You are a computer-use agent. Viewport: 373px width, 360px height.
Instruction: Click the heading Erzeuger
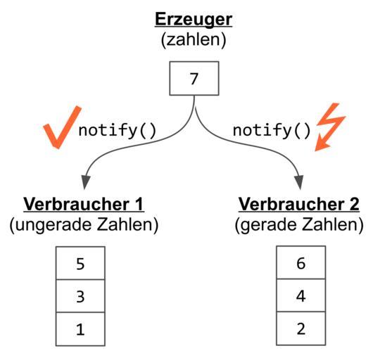coord(194,20)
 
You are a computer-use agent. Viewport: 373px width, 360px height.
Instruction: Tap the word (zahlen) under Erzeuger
coord(194,40)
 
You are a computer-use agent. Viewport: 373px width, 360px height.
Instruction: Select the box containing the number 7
coord(194,79)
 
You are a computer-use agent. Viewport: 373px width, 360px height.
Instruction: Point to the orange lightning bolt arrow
coord(329,128)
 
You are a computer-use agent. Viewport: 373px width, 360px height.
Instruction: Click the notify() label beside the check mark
coord(118,130)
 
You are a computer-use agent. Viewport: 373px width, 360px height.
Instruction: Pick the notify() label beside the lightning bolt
coord(272,130)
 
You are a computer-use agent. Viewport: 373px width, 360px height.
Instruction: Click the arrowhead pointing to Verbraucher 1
coord(85,182)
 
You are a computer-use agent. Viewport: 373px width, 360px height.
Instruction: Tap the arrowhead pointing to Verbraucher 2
coord(299,182)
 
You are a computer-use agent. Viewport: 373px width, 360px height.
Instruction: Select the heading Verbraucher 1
coord(84,205)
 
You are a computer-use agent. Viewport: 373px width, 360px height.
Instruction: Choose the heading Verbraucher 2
coord(299,205)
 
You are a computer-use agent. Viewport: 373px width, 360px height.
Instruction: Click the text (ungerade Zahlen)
coord(84,225)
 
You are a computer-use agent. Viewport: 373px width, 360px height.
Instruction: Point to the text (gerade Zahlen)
coord(299,225)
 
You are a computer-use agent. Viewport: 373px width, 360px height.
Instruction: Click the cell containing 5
coord(80,263)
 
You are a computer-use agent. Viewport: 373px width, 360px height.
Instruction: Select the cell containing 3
coord(80,296)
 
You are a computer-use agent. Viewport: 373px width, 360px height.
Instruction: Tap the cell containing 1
coord(80,329)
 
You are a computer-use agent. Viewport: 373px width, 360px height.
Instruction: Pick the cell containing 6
coord(301,262)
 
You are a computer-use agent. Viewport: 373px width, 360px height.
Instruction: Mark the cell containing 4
coord(301,295)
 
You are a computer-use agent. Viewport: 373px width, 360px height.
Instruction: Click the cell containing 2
coord(301,328)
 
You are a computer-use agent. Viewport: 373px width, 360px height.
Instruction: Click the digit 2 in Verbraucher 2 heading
coord(354,204)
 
